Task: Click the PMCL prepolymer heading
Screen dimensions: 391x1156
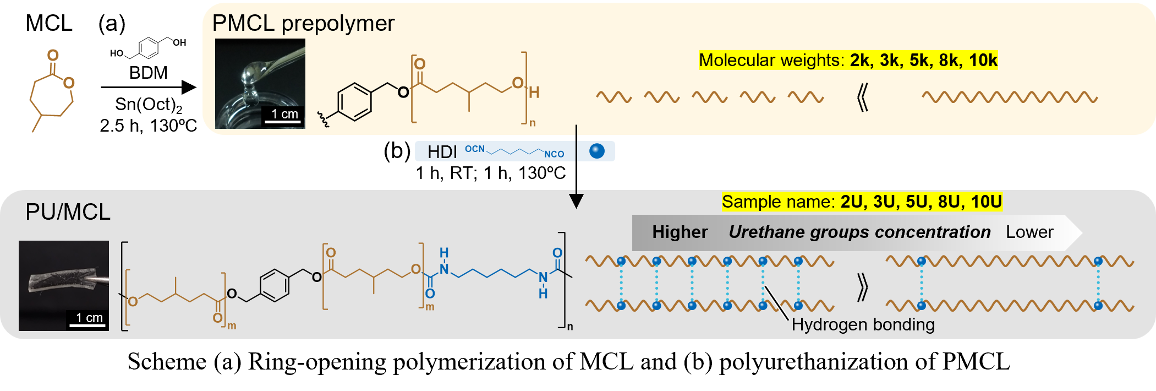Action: (303, 24)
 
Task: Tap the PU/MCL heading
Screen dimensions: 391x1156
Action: (68, 212)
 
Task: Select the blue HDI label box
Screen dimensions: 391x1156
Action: (514, 151)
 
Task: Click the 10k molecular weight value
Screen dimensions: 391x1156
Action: (983, 60)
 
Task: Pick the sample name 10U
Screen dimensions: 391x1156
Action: (986, 202)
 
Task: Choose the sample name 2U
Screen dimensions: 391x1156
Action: (852, 202)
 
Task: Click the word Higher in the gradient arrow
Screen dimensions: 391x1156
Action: (680, 232)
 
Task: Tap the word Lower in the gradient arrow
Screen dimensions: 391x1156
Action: (1029, 232)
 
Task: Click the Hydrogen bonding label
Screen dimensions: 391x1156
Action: (863, 325)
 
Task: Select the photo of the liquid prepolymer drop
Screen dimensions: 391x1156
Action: (260, 83)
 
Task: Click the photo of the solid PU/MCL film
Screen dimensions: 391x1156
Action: (63, 285)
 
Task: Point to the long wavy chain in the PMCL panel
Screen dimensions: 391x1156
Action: (1010, 97)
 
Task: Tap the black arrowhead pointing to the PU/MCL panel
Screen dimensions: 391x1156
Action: (576, 201)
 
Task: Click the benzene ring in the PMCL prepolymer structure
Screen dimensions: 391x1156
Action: (354, 101)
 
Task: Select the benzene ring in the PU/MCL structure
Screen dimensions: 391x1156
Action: (275, 285)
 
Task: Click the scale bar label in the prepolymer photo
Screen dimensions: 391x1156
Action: (284, 114)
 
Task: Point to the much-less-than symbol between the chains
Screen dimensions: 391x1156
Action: (863, 98)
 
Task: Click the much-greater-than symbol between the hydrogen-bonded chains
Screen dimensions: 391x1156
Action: (863, 286)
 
